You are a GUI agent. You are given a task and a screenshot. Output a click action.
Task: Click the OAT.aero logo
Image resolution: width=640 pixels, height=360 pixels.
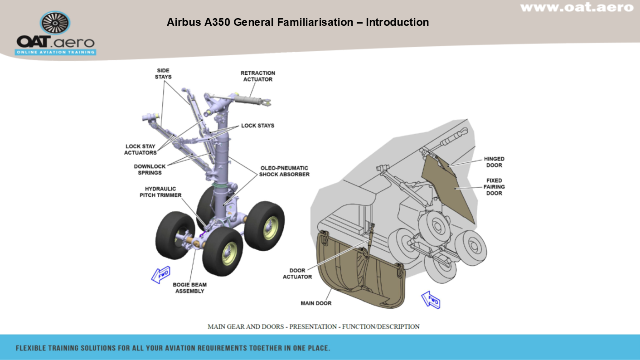[x=55, y=34]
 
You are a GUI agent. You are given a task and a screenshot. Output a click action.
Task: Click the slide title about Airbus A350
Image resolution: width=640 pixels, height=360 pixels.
[x=297, y=22]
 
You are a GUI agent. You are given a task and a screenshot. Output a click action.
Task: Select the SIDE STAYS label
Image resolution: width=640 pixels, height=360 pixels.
[x=163, y=74]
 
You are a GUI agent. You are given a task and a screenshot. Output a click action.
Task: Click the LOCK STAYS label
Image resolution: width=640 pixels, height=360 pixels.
[x=257, y=126]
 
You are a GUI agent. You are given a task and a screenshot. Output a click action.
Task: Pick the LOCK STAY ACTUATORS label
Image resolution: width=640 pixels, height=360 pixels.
[x=140, y=150]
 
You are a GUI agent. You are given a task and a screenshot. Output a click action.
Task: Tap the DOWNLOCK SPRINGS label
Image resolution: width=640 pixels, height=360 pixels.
[x=150, y=170]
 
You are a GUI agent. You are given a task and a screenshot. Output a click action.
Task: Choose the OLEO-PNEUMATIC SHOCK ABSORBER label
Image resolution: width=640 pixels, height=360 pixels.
[x=284, y=171]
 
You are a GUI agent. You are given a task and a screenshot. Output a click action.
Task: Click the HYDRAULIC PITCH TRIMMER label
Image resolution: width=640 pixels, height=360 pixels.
[x=160, y=192]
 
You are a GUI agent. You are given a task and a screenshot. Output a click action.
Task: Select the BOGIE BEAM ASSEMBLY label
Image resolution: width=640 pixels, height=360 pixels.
[x=189, y=288]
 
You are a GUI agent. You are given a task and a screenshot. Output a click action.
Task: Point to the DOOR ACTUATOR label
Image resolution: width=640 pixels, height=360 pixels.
[x=297, y=273]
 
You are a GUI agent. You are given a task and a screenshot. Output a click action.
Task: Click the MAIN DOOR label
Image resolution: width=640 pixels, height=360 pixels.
[x=316, y=303]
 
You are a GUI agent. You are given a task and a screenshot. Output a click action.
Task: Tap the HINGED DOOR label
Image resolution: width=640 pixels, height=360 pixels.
[x=494, y=162]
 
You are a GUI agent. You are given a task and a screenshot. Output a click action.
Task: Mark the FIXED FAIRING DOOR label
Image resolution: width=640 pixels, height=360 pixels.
[x=494, y=187]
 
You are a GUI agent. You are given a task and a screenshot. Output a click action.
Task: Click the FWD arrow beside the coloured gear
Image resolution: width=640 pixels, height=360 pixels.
[x=160, y=274]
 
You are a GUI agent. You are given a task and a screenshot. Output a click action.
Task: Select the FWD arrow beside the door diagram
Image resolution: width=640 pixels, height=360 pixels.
[x=431, y=300]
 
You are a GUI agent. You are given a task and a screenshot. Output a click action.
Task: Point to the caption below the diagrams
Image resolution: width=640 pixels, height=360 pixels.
[x=313, y=326]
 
